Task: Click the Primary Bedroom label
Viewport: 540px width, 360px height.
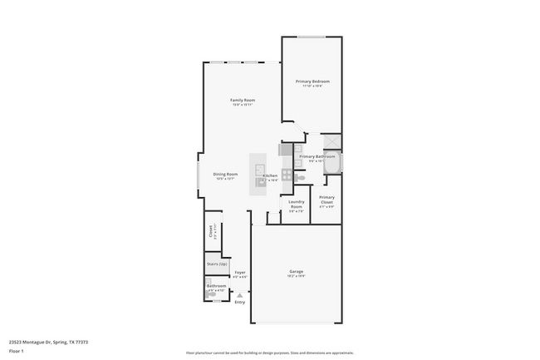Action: point(312,81)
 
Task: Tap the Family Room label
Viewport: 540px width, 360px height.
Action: point(242,100)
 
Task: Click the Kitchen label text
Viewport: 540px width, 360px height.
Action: point(270,175)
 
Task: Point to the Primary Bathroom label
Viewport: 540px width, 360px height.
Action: point(317,156)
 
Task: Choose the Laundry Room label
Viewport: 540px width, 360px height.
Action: point(297,205)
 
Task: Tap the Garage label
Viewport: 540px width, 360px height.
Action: point(296,272)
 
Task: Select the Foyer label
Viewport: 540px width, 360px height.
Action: point(239,273)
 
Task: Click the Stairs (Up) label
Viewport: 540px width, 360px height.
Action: point(217,264)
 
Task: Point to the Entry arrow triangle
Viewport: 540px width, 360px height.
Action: point(240,293)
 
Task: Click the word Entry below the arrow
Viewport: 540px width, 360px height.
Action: point(240,302)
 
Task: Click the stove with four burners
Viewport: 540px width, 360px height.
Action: point(287,175)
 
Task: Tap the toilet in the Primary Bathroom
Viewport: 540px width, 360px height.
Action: point(302,177)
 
